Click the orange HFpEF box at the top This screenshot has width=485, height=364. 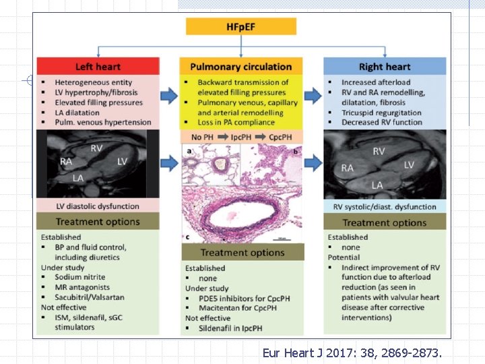tap(240, 26)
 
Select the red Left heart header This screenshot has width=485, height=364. tap(98, 66)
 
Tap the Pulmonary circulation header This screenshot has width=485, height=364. tap(240, 66)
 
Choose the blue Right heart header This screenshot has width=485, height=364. tap(385, 66)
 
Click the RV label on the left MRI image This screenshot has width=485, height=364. tap(96, 148)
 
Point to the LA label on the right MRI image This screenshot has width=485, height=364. tap(377, 185)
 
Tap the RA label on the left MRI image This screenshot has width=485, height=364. tap(65, 162)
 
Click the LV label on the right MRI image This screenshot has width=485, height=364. tap(410, 164)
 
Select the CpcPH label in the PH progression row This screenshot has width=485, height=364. tap(282, 137)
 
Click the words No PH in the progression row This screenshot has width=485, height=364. tap(199, 137)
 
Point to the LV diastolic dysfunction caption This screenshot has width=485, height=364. tap(98, 206)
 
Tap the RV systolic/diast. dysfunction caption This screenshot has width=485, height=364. tap(385, 207)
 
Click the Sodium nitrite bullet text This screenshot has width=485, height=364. tap(80, 277)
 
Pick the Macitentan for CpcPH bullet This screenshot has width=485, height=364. tap(228, 308)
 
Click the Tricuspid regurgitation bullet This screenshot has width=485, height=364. tap(381, 113)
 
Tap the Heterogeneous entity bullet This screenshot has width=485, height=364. tap(94, 82)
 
